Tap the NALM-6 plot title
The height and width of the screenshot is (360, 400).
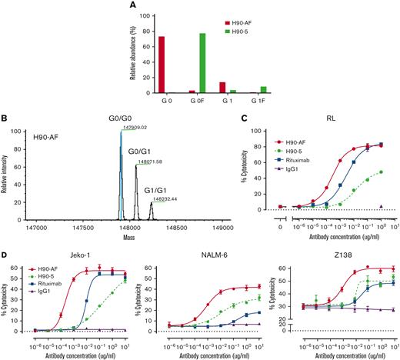[x=204, y=252]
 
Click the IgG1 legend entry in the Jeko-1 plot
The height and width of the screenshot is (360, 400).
[x=51, y=290]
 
